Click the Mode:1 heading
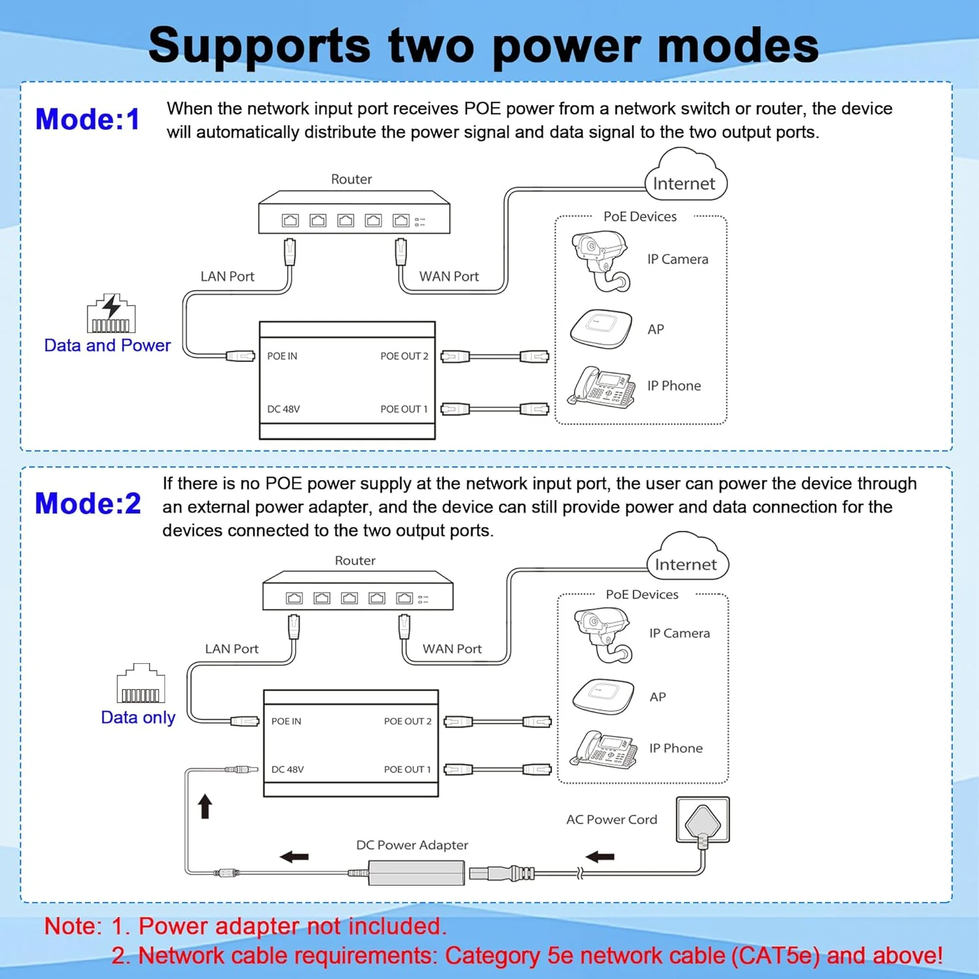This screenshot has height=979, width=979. tap(87, 119)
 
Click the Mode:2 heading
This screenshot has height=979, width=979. tap(87, 504)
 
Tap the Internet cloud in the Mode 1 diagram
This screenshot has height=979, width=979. tap(685, 176)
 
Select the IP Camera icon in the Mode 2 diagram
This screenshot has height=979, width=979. tap(602, 634)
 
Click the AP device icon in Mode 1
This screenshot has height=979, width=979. tap(601, 329)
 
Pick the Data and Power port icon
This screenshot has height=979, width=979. tap(111, 314)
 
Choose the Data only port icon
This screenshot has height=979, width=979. tap(140, 683)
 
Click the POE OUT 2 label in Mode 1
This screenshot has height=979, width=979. tap(404, 356)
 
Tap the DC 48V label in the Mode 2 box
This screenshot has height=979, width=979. tap(287, 769)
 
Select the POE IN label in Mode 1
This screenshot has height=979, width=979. tap(282, 356)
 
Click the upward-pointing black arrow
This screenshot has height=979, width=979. tap(205, 806)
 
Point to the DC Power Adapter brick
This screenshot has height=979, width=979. tap(416, 873)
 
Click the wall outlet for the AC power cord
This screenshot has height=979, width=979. tap(702, 820)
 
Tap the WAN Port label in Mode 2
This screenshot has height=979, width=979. tap(452, 649)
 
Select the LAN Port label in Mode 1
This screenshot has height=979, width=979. tap(227, 276)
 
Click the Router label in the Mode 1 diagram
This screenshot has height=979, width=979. tap(351, 179)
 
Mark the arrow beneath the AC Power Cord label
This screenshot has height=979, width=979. tap(600, 857)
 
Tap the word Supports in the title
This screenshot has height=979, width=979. tap(259, 46)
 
